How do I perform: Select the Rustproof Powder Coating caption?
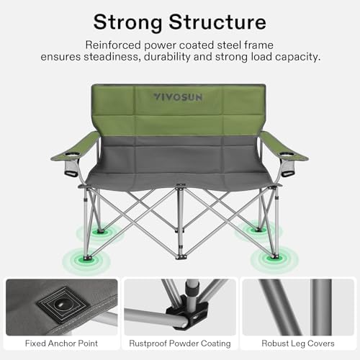click(x=179, y=343)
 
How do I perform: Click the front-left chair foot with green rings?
click(x=87, y=257)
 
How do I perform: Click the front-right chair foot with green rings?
click(x=272, y=256)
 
